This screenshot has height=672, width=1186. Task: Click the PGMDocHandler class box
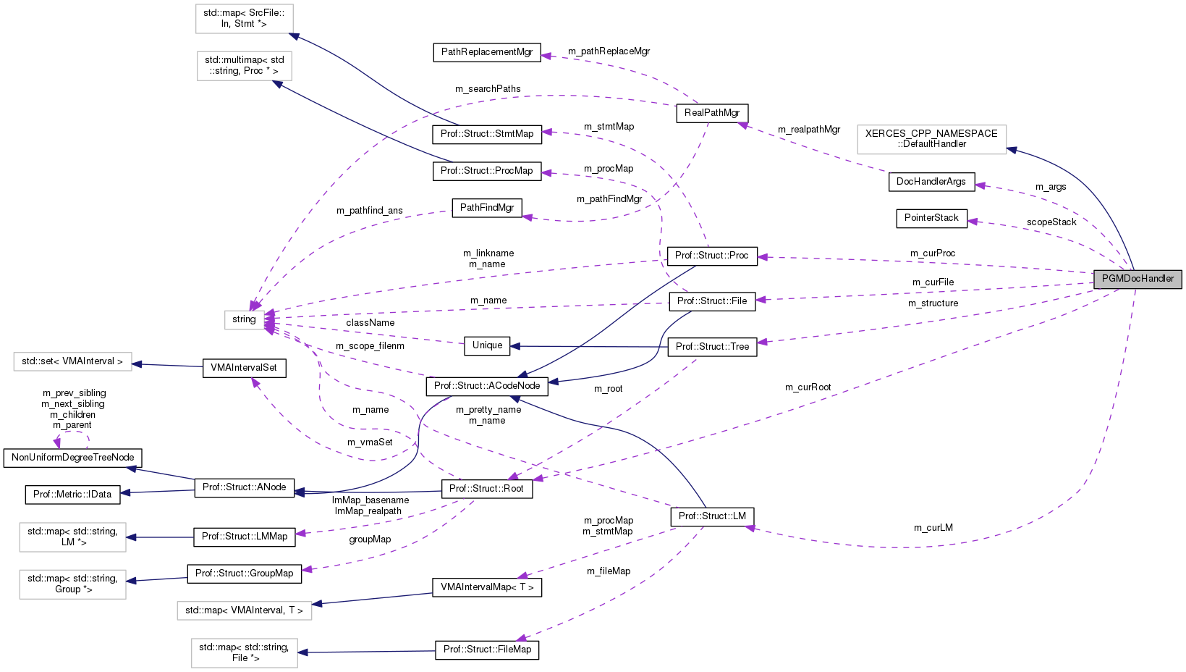point(1138,279)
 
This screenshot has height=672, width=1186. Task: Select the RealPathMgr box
point(712,113)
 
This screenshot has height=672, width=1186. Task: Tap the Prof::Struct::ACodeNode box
point(487,386)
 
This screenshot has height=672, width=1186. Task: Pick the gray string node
point(244,319)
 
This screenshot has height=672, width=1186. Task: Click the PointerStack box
point(931,218)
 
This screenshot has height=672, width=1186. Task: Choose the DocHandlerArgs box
point(931,182)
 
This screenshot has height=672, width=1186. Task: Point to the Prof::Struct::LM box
point(712,516)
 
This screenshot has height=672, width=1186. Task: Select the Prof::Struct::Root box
point(487,489)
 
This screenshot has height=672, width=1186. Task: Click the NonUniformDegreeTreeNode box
point(73,458)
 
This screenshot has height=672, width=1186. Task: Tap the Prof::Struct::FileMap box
point(487,650)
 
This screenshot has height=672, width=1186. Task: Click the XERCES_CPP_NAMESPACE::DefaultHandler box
point(931,139)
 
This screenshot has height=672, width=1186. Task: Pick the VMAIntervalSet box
point(244,368)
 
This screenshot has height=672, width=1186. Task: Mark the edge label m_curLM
point(933,528)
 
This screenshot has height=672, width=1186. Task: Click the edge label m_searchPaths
point(488,89)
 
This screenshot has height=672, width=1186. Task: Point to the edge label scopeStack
point(1051,222)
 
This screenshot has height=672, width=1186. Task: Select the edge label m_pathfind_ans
point(369,211)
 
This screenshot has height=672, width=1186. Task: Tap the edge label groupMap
point(370,539)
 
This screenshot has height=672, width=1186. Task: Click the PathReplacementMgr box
point(487,52)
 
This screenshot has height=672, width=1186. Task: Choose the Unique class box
point(487,345)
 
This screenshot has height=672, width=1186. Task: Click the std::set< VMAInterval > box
point(72,361)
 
